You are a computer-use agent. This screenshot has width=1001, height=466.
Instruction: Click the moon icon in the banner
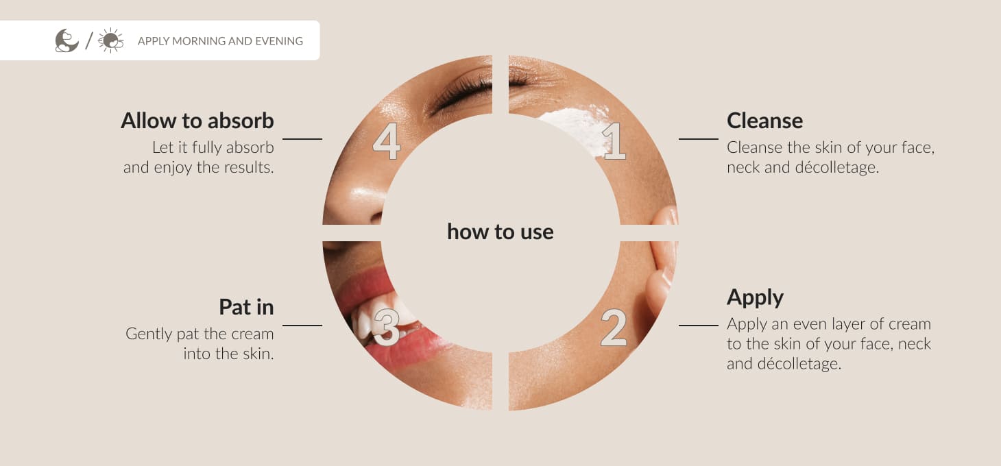pyautogui.click(x=67, y=40)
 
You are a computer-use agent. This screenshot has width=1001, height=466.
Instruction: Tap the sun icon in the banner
pyautogui.click(x=110, y=40)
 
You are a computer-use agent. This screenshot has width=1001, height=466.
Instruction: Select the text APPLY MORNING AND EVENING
pyautogui.click(x=220, y=41)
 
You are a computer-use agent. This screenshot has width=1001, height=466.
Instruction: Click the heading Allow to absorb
pyautogui.click(x=197, y=121)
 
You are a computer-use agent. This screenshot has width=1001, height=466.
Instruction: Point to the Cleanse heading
pyautogui.click(x=764, y=121)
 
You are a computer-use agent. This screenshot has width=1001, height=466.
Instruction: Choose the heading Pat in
pyautogui.click(x=246, y=307)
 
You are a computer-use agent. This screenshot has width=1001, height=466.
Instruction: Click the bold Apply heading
pyautogui.click(x=756, y=298)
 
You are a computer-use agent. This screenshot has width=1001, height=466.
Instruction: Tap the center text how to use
pyautogui.click(x=500, y=232)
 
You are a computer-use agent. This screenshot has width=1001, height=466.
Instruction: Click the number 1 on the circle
pyautogui.click(x=614, y=141)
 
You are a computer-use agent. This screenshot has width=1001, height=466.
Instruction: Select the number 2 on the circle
pyautogui.click(x=614, y=328)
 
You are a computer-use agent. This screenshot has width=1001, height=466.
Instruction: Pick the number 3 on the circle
pyautogui.click(x=386, y=328)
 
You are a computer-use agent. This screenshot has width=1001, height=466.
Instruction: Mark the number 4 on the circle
pyautogui.click(x=387, y=141)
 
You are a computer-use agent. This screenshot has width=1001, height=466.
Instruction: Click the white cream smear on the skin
pyautogui.click(x=577, y=127)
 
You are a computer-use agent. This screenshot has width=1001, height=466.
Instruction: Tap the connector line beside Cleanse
pyautogui.click(x=699, y=139)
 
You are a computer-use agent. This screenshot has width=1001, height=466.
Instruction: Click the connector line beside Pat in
pyautogui.click(x=302, y=326)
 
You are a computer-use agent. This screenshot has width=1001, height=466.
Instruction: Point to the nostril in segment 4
pyautogui.click(x=376, y=218)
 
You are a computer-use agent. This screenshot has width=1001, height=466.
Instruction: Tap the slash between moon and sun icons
pyautogui.click(x=89, y=40)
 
